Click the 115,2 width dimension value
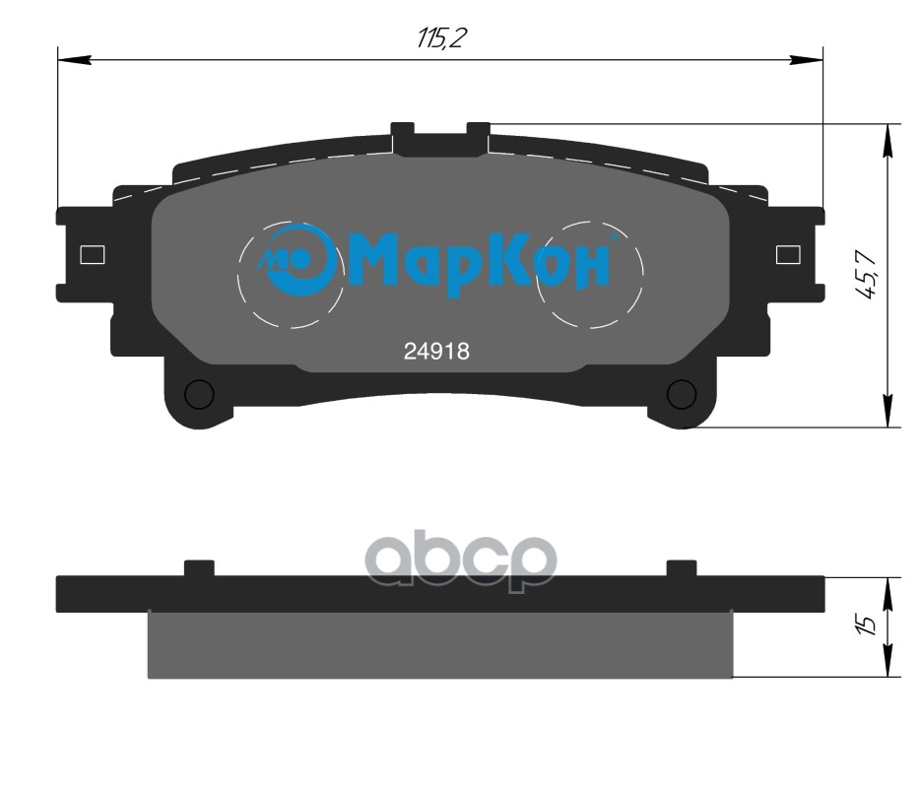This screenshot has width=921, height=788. tap(440, 39)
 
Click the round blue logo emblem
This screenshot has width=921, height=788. tap(295, 260)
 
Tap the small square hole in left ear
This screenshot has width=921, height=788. tap(92, 254)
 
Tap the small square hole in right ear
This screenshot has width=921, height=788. tap(788, 254)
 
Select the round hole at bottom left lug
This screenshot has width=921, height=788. tap(200, 393)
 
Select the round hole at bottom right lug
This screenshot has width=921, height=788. tap(681, 393)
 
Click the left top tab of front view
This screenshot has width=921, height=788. tap(402, 135)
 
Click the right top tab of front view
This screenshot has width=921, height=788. tap(478, 135)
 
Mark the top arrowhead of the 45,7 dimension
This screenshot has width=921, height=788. tap(889, 140)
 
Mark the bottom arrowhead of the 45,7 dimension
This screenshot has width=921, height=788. tap(889, 412)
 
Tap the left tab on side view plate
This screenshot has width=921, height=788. tap(199, 568)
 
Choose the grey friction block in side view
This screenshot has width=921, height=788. tap(439, 644)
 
